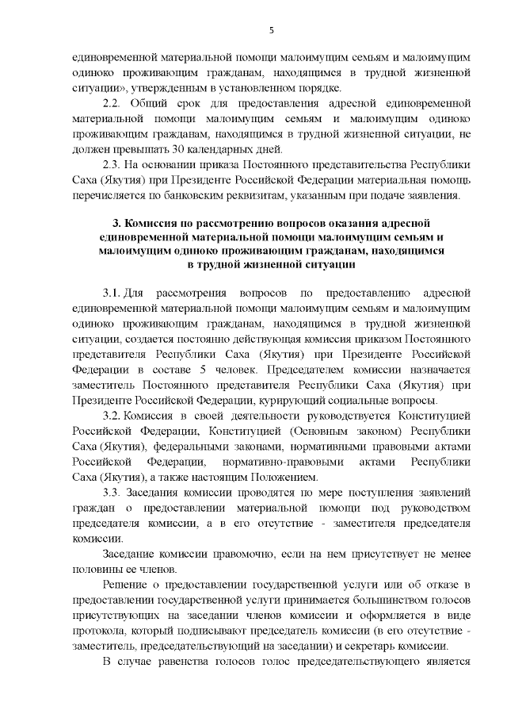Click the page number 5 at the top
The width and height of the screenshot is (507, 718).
(x=271, y=30)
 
